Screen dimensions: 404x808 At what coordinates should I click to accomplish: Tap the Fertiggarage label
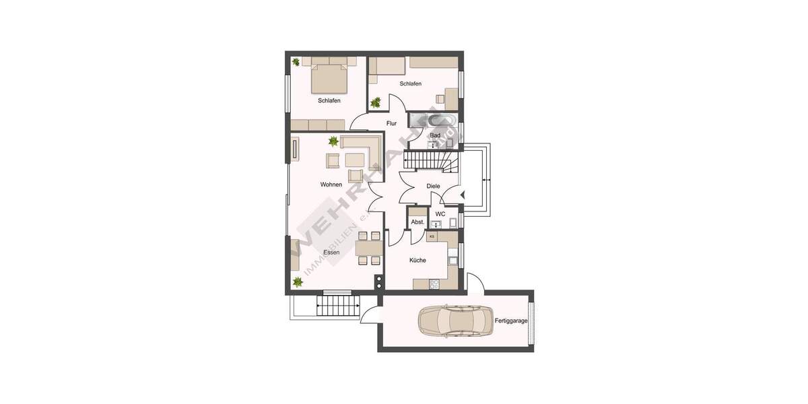511,321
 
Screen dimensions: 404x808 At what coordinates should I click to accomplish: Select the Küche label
417,260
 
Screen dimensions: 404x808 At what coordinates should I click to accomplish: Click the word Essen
331,252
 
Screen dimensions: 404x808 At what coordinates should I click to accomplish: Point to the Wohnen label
331,184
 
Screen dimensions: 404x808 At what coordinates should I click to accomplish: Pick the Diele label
433,187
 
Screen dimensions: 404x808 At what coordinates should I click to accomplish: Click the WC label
440,214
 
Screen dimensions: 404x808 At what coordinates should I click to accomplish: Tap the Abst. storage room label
417,222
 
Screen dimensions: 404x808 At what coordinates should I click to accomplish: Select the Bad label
435,135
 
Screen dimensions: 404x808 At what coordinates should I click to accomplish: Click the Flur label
391,123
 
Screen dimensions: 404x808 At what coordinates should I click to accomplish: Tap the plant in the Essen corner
297,282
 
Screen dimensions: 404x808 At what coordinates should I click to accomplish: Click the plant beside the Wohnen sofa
333,141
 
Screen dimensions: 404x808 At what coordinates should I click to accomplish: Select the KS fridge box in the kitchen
432,236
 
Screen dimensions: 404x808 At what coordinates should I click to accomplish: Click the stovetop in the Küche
434,283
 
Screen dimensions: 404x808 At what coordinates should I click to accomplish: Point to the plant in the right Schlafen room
376,103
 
